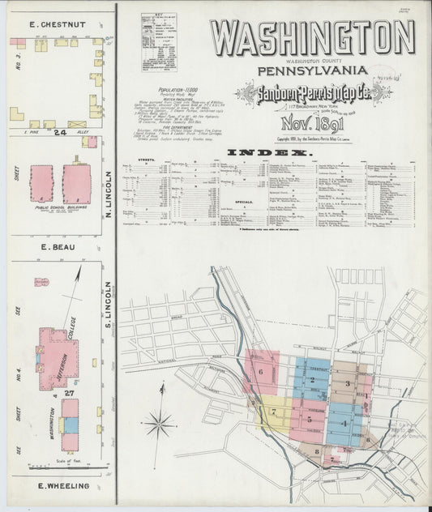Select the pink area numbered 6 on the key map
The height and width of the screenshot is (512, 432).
tap(261, 372)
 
